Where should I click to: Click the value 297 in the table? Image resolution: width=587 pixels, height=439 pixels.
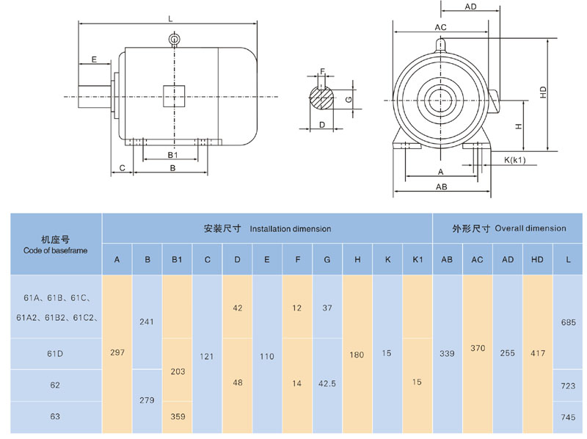[x=117, y=353]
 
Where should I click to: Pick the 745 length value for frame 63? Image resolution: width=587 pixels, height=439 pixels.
[x=568, y=416]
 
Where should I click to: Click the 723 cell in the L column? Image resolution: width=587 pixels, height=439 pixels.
[x=568, y=385]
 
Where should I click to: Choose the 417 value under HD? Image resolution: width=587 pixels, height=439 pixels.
[x=537, y=353]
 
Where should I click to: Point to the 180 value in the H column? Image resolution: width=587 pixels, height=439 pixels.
[x=357, y=354]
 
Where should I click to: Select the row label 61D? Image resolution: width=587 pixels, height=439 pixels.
[x=55, y=353]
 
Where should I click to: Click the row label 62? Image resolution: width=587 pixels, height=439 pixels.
[x=55, y=385]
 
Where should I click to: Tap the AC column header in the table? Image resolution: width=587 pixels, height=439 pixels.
[x=477, y=260]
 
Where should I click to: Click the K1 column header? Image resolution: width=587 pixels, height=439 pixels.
[x=417, y=260]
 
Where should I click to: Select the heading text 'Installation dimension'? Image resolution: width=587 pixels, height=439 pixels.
[x=290, y=229]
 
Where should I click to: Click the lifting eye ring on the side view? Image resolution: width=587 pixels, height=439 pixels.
[x=174, y=39]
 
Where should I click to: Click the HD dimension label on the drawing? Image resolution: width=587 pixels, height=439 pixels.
[x=542, y=92]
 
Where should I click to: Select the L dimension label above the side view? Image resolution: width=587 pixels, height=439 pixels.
[x=170, y=18]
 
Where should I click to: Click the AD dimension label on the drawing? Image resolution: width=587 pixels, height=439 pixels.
[x=471, y=7]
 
